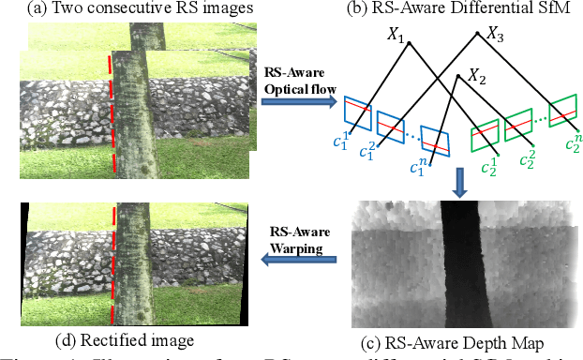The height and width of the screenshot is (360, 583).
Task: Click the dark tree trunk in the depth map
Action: (459, 262)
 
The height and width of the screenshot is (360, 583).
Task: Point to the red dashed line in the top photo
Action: (112, 112)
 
